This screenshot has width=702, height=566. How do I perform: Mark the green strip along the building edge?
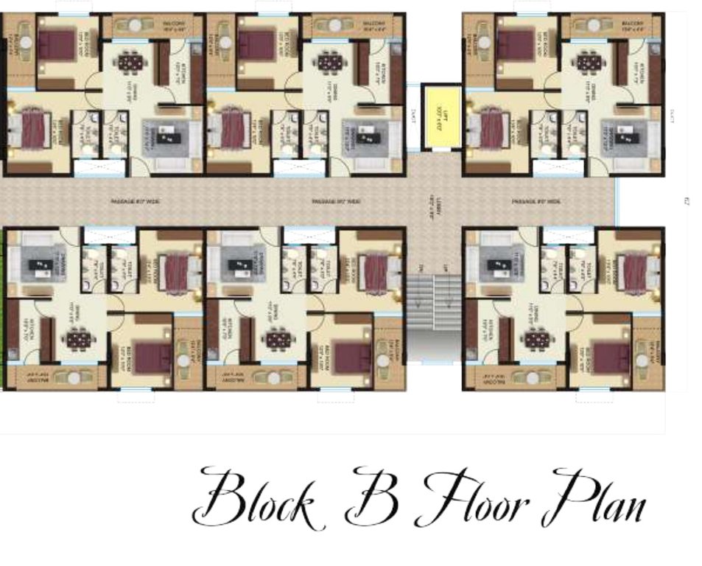point(2,317)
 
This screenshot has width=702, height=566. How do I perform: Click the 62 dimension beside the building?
point(686,200)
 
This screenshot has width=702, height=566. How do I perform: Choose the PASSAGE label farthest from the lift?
point(135,201)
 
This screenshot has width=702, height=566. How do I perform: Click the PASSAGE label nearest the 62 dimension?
point(536,201)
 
